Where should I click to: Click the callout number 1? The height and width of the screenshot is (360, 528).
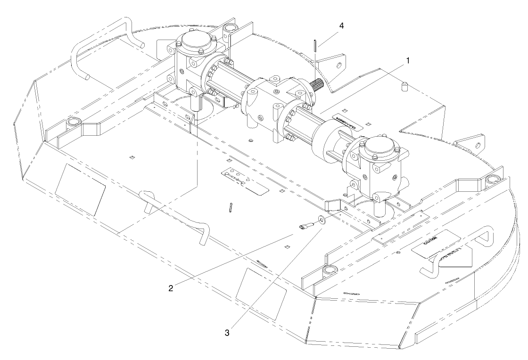(408, 61)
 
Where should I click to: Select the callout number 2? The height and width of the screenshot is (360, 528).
(171, 287)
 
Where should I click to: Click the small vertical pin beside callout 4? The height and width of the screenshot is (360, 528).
(314, 46)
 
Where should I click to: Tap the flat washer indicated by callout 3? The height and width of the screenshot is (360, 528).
(322, 220)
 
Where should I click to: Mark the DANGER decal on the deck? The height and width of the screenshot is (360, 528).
(346, 118)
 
